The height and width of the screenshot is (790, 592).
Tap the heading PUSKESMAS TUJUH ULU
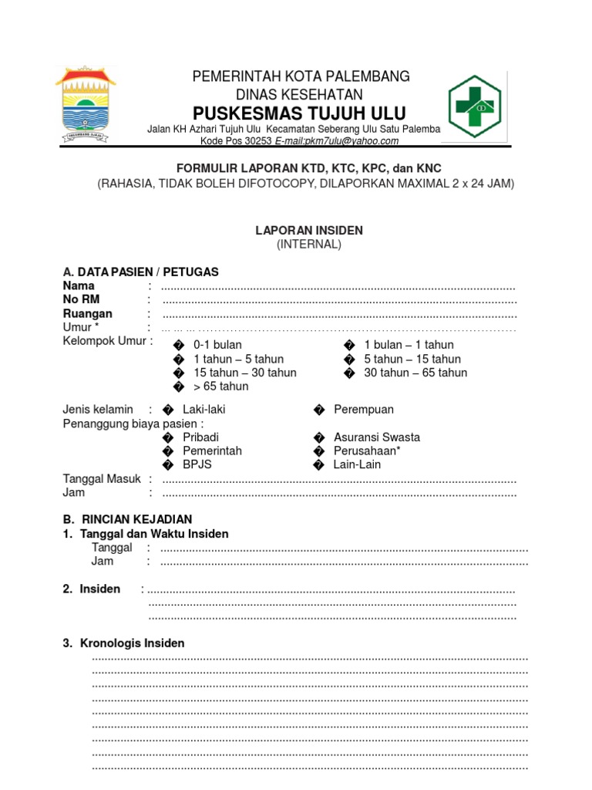pos(299,113)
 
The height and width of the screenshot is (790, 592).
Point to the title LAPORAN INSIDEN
pos(309,230)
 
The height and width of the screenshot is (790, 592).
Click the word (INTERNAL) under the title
pos(308,244)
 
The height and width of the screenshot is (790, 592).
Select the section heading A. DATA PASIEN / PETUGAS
pos(140,272)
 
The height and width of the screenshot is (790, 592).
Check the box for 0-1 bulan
pos(179,346)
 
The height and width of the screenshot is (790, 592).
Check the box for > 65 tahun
pos(179,387)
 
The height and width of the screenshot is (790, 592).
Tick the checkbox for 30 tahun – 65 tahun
pos(349,373)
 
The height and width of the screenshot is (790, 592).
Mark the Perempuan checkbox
pos(318,410)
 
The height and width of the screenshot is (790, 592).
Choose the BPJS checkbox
pos(168,465)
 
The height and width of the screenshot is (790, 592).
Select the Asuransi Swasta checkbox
pos(318,437)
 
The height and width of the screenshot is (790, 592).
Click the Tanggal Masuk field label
pos(101,479)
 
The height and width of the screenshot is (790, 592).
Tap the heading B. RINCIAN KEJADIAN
pos(127,519)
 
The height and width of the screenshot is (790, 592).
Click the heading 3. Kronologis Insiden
pos(123,643)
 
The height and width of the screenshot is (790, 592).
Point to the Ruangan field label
pos(87,314)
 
